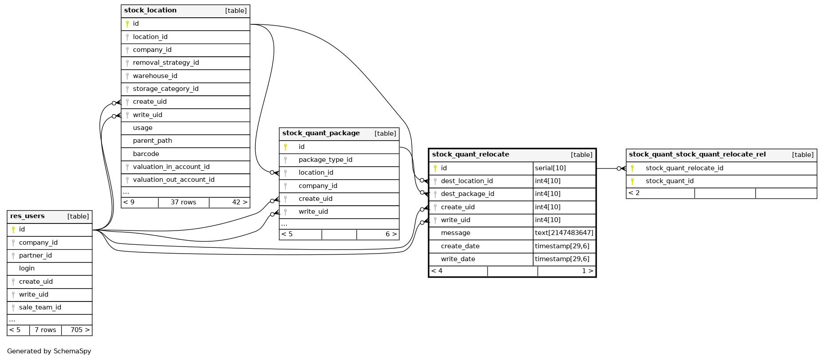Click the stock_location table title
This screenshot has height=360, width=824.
(x=150, y=10)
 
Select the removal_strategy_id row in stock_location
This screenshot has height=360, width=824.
(x=166, y=63)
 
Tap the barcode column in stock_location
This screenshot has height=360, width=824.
(x=146, y=154)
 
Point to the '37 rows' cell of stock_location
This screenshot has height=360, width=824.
(x=183, y=202)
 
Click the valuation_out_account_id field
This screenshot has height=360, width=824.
(x=173, y=180)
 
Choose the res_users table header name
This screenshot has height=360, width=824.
(x=27, y=216)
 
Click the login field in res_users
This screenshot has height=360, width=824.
(x=27, y=268)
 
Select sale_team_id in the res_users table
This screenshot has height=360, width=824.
(x=40, y=307)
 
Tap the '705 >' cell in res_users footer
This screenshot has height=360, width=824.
(x=80, y=330)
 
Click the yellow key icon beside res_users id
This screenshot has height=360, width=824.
(x=13, y=229)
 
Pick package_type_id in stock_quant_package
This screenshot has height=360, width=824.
(x=325, y=160)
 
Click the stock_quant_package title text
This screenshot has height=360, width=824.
(x=321, y=133)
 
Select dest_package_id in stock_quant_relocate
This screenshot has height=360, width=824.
(x=467, y=194)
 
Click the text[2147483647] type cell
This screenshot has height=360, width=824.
(x=564, y=233)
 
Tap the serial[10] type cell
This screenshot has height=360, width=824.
(x=550, y=168)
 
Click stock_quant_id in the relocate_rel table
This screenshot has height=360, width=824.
(x=669, y=181)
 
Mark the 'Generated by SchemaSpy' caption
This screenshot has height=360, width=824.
(x=49, y=351)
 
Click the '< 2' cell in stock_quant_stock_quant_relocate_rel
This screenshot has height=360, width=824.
(x=634, y=193)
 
